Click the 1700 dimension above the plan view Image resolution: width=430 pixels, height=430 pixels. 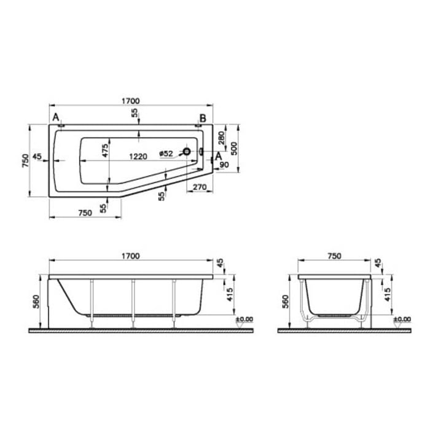(x=130, y=101)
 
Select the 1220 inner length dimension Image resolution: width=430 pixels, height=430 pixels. (x=138, y=156)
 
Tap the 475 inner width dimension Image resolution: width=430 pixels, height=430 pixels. (x=105, y=150)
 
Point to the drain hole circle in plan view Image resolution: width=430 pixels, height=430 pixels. (x=187, y=152)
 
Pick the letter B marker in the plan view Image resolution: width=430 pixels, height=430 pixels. (x=202, y=117)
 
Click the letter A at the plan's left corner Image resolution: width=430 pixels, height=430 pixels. (x=56, y=117)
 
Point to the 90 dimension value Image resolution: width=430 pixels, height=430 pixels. (x=223, y=164)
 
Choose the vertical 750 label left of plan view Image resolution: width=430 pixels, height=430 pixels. (x=25, y=160)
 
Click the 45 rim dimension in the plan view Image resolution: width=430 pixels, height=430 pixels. (x=37, y=157)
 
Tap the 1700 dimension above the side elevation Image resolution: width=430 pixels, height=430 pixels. (x=130, y=256)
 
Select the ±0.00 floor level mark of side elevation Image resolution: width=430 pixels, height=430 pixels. (x=244, y=319)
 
